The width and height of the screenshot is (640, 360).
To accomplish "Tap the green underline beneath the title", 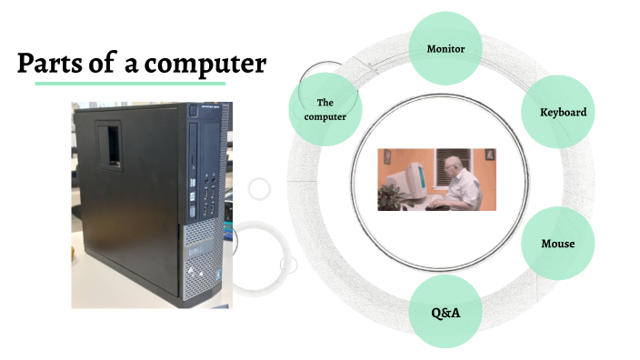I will tap(130, 84).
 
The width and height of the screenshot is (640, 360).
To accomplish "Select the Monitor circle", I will tap(446, 47).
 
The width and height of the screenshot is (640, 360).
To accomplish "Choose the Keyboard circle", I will tap(563, 112).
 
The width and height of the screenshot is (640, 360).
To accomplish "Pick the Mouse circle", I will tap(557, 244).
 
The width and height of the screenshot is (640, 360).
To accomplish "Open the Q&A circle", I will tap(446, 313).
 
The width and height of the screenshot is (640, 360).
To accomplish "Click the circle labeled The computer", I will tap(325, 110).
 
